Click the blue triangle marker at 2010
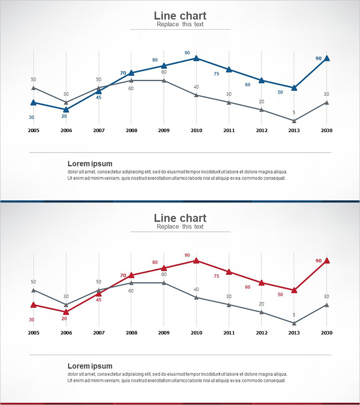[196, 58]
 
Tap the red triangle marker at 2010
[196, 260]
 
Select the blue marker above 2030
[327, 58]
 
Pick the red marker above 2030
[327, 260]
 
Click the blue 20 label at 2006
[64, 116]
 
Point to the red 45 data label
[99, 300]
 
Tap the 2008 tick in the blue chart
[131, 130]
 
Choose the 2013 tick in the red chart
[294, 333]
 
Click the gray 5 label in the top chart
[294, 112]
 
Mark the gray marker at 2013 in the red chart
[294, 323]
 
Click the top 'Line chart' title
[180, 16]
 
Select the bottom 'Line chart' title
[180, 218]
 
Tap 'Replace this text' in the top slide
[180, 24]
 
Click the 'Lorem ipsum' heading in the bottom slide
[90, 366]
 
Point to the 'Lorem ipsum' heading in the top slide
[90, 163]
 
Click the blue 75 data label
[216, 74]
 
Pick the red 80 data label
[155, 262]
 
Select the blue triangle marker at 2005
[33, 103]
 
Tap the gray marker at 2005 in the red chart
[33, 290]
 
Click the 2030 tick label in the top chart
[327, 130]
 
